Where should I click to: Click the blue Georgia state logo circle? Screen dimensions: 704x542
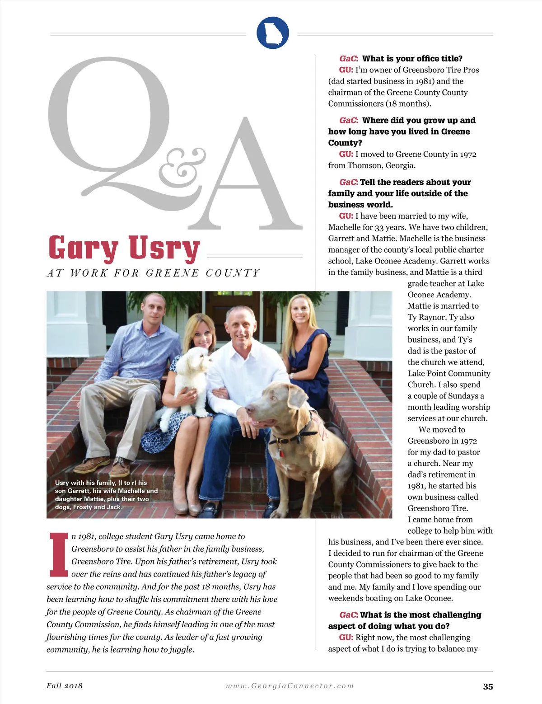pyautogui.click(x=272, y=33)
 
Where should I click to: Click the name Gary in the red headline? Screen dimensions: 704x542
pyautogui.click(x=83, y=249)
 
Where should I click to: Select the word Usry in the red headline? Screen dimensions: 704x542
pyautogui.click(x=164, y=249)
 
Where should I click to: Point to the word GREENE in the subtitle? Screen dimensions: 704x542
pyautogui.click(x=172, y=273)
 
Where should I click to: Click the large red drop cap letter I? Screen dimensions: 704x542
pyautogui.click(x=59, y=555)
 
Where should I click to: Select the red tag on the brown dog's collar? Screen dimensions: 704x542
pyautogui.click(x=280, y=451)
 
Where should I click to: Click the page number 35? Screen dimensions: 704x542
pyautogui.click(x=488, y=686)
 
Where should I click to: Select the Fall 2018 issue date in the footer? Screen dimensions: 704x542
pyautogui.click(x=65, y=685)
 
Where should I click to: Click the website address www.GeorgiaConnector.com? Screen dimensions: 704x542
pyautogui.click(x=290, y=686)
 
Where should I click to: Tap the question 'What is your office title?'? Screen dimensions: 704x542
pyautogui.click(x=412, y=59)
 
